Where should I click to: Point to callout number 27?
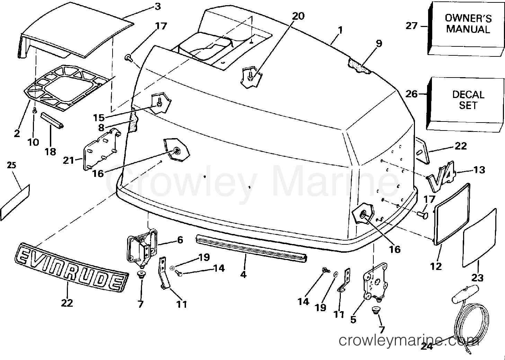[411, 25]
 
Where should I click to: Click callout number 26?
[411, 94]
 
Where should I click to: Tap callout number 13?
[479, 170]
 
